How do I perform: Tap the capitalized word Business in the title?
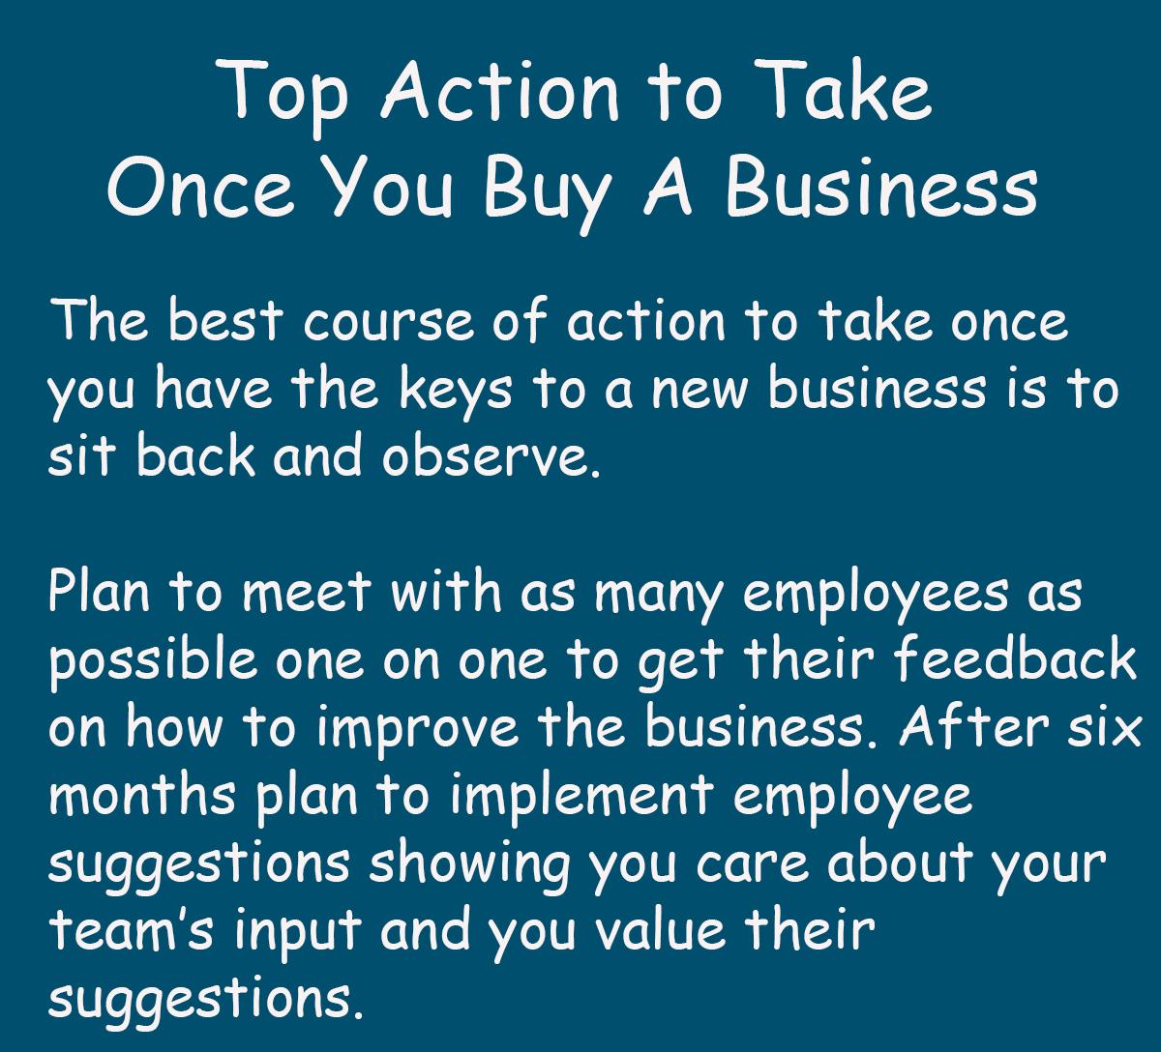point(881,188)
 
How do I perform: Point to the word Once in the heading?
point(200,188)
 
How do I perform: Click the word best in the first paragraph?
point(225,321)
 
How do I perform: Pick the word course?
point(388,325)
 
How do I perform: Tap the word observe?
point(491,456)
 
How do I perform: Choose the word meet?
point(306,593)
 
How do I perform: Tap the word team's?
point(131,929)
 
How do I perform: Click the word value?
point(661,928)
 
